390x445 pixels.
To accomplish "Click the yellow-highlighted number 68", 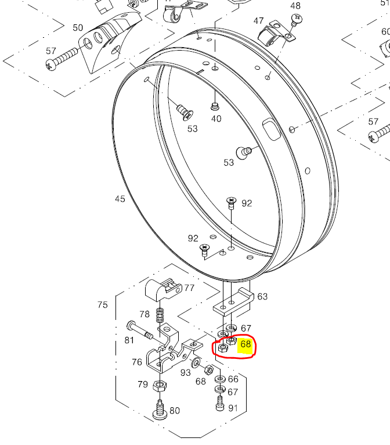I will pos(245,344).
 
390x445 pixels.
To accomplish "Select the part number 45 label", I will pos(120,199).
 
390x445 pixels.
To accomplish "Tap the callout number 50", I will pos(78,27).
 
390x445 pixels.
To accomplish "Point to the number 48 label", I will pos(295,6).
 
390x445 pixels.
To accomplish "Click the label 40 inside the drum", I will pos(216,119).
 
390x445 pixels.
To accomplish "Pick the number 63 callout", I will pos(262,297).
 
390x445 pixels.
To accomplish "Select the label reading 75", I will pos(103,305).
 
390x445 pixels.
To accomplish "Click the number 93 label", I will pos(186,372).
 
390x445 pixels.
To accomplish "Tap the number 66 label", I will pos(233,379).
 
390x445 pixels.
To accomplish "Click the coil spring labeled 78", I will pos(161,317).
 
